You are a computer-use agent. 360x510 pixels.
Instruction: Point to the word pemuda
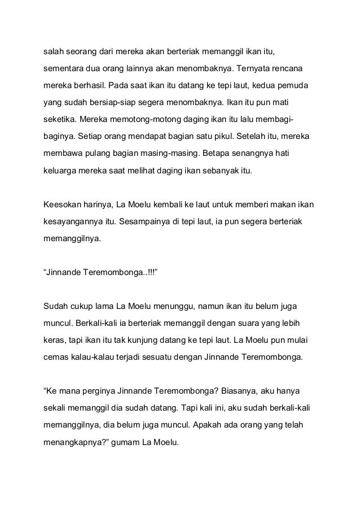click(x=296, y=88)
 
